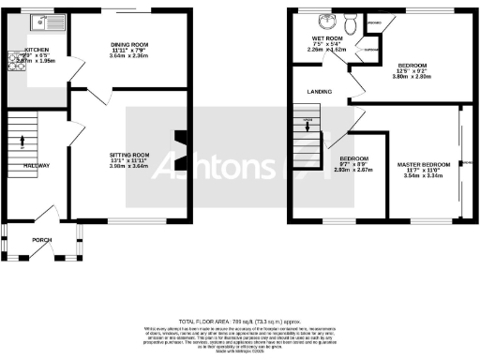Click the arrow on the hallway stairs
(x=22, y=142)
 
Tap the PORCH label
(x=42, y=238)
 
